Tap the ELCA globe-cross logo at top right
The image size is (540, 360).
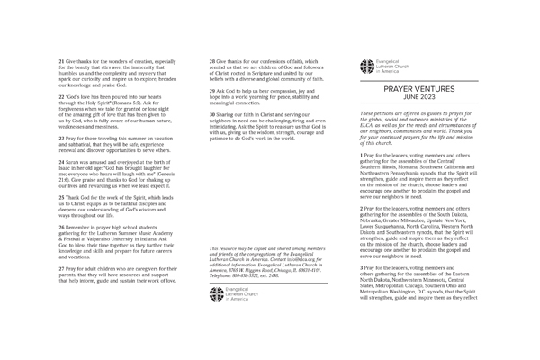pos(366,65)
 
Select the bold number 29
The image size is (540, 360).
pos(212,91)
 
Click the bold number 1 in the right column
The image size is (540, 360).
pos(361,155)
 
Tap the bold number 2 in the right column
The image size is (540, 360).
pos(361,208)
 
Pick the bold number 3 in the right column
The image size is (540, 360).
pos(361,267)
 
